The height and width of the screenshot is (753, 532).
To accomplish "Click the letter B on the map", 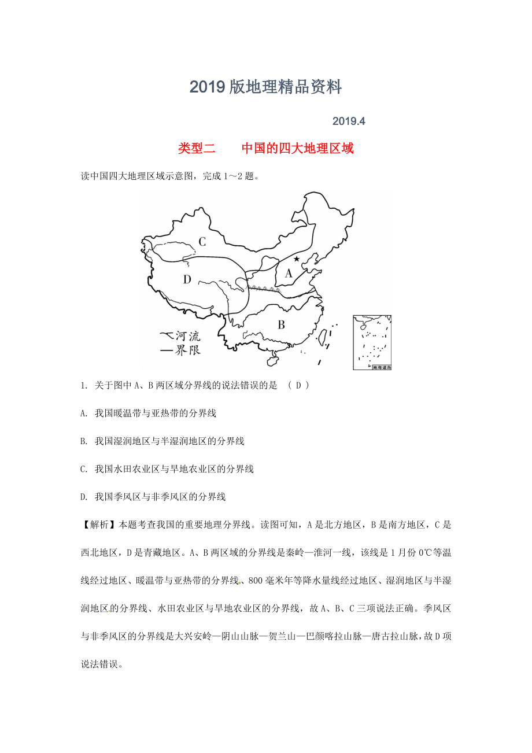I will pos(281,324).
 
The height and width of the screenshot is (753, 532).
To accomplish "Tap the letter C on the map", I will pos(202,242).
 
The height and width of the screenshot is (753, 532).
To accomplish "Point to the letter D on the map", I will pos(187,280).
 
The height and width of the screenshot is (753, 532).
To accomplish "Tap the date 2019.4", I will pos(349,121).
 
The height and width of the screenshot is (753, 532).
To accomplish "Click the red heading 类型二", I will pos(197,148).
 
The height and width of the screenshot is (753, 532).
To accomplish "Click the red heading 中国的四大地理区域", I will pos(297,148).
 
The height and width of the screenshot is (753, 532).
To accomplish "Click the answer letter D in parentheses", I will pos(298,386).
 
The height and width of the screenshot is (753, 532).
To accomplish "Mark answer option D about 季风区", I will pos(154,497).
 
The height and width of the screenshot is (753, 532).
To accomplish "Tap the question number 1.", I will pos(84,386).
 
